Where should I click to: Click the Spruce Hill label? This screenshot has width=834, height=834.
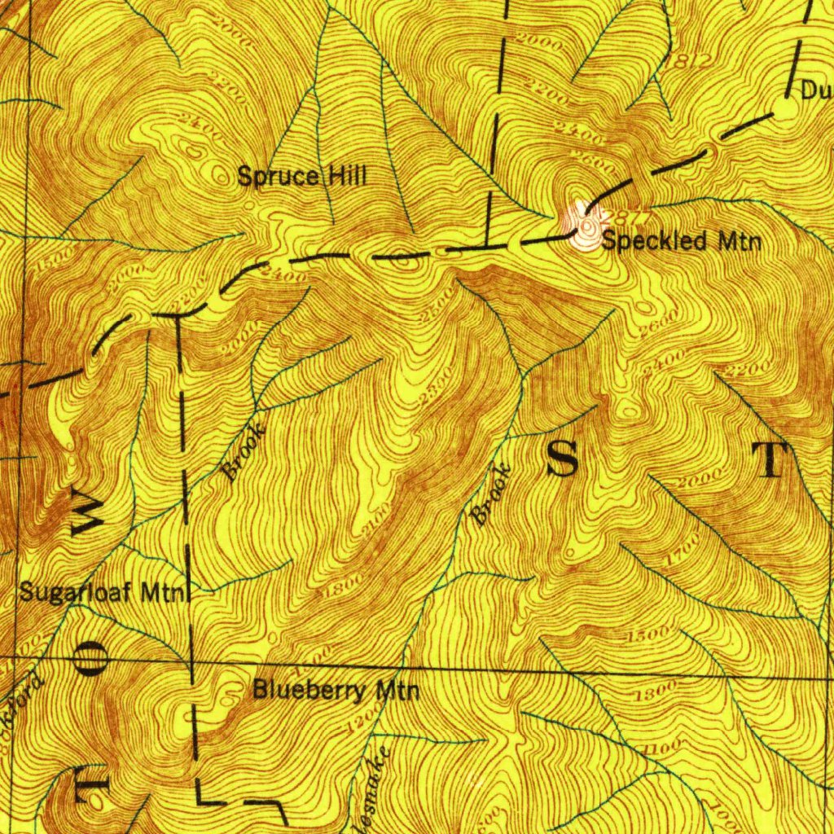302,176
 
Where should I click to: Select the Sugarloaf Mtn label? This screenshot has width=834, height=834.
103,592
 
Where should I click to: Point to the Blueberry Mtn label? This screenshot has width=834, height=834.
336,691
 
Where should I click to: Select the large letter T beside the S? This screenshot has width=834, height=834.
770,461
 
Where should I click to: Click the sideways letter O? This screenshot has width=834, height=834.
90,658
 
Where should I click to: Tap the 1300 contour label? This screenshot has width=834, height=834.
657,691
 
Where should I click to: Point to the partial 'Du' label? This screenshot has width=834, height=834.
817,91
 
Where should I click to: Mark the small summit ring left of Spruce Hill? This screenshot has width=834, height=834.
219,173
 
